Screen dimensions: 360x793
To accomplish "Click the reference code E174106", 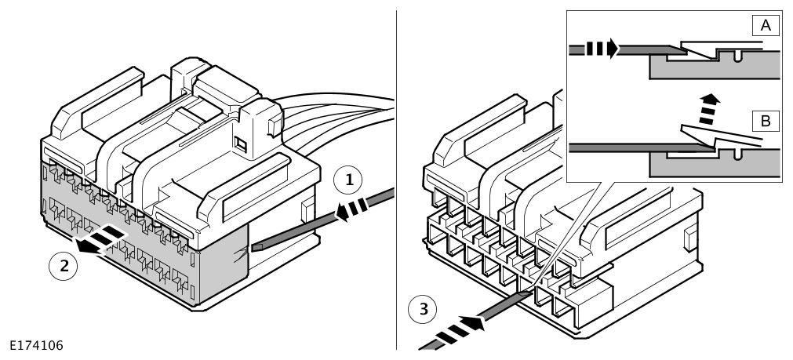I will point(37,345).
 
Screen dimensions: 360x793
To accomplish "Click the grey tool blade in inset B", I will point(627,146).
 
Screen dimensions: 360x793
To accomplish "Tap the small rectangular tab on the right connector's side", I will point(687,241).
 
